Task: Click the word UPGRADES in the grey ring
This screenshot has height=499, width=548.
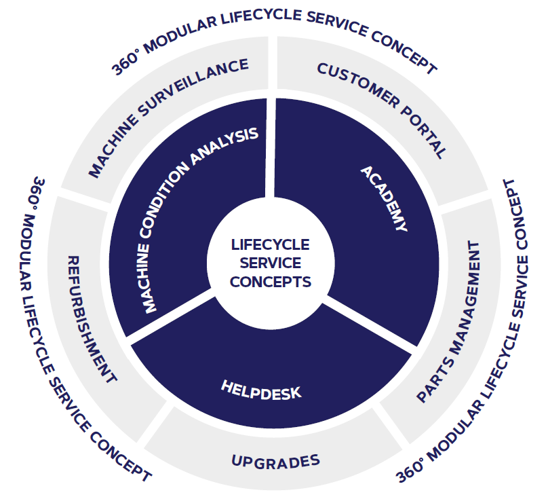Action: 275,462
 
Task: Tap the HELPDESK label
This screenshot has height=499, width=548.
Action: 261,388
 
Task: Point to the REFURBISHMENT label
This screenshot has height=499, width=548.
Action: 91,319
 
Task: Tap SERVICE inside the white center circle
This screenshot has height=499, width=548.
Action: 270,263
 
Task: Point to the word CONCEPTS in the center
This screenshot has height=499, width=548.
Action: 270,281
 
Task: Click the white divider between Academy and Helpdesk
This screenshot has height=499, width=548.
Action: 370,323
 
